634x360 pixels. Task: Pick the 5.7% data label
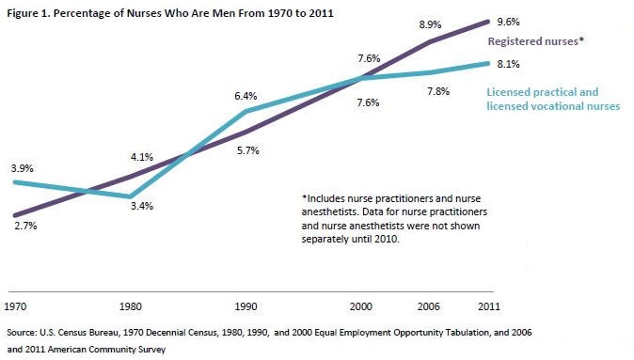coord(246,150)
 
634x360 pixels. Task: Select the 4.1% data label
coord(140,157)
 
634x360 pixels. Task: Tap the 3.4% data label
coord(140,205)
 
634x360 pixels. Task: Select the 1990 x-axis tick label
coord(245,306)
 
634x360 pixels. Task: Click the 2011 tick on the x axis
coord(487,306)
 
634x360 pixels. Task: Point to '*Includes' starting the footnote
coord(325,199)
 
